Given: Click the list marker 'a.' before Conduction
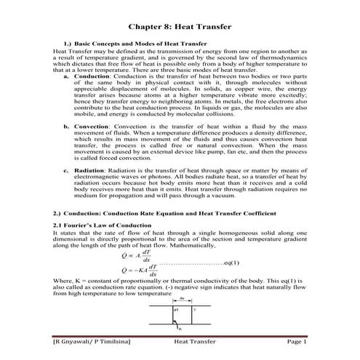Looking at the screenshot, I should point(68,76).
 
